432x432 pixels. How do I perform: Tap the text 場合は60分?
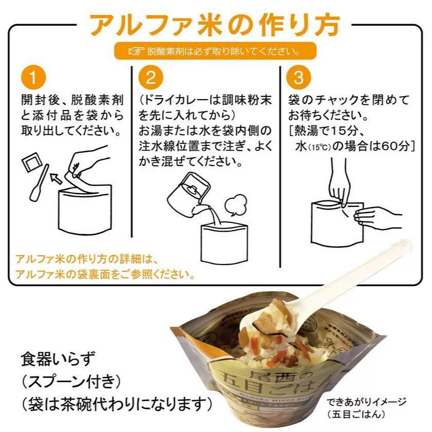(x=380, y=145)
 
